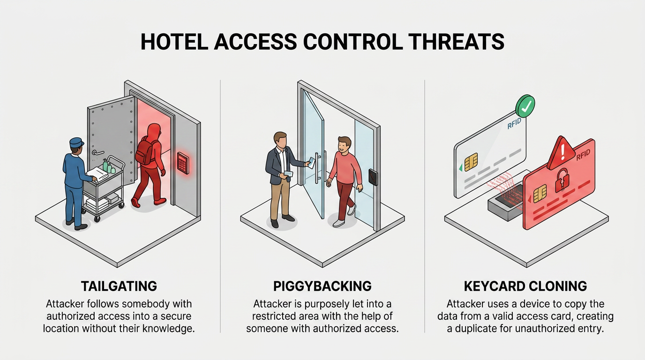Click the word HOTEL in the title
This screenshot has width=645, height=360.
coord(174,42)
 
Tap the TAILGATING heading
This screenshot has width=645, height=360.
coord(119,286)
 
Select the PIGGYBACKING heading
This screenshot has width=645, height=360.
coord(322,286)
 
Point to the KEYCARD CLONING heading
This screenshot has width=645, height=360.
coord(525,286)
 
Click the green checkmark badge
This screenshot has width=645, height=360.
coord(525,106)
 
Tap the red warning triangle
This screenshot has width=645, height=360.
coord(561,153)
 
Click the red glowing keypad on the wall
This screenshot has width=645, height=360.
coord(183,163)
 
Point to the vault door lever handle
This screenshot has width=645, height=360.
coord(97,152)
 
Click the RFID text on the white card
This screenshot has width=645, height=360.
coord(514,124)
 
